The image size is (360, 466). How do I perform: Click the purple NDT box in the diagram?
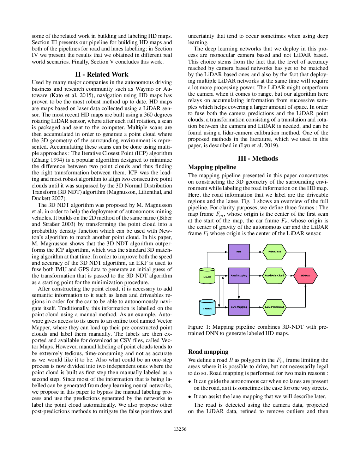click(x=239, y=252)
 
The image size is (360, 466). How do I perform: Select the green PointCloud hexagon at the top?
click(x=274, y=252)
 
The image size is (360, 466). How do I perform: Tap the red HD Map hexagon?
click(x=305, y=275)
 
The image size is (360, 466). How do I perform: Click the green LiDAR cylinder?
click(x=207, y=276)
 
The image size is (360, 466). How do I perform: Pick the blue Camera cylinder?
click(x=207, y=307)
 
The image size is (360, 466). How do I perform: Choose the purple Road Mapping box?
click(x=239, y=275)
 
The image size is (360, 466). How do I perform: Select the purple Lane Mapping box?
click(x=239, y=307)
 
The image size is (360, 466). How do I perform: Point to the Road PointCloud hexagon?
click(x=274, y=275)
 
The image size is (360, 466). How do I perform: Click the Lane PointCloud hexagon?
click(x=274, y=307)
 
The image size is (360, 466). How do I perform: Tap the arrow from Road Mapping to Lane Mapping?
click(x=239, y=292)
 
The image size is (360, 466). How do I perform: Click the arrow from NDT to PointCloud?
click(x=256, y=252)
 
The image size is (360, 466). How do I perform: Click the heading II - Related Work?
click(x=102, y=74)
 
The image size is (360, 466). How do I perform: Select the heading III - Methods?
click(x=258, y=159)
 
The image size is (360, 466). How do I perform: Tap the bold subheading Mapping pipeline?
click(x=212, y=167)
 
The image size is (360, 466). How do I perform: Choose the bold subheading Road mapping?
click(x=208, y=352)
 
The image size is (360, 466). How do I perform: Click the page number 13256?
click(x=180, y=429)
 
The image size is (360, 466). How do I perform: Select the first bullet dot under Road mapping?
click(x=190, y=382)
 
